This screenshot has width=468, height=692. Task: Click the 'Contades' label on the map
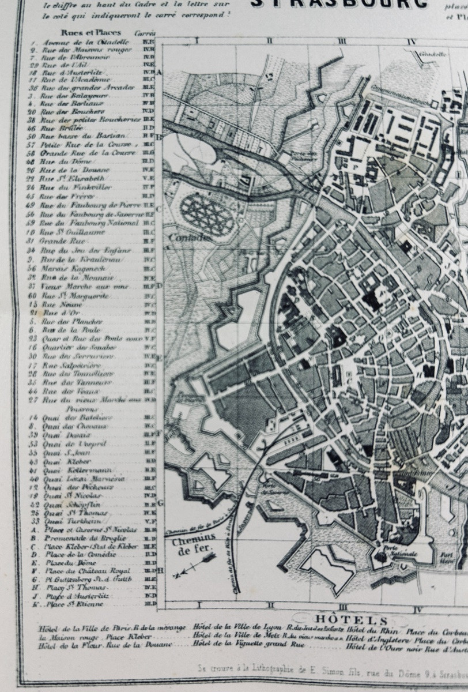pos(190,238)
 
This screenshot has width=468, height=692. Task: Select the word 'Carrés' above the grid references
pos(145,33)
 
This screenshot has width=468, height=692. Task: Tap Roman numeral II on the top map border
pos(269,41)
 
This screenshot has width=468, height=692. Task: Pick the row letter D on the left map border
pos(160,285)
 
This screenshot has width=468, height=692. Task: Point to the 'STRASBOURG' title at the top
pos(340,5)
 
